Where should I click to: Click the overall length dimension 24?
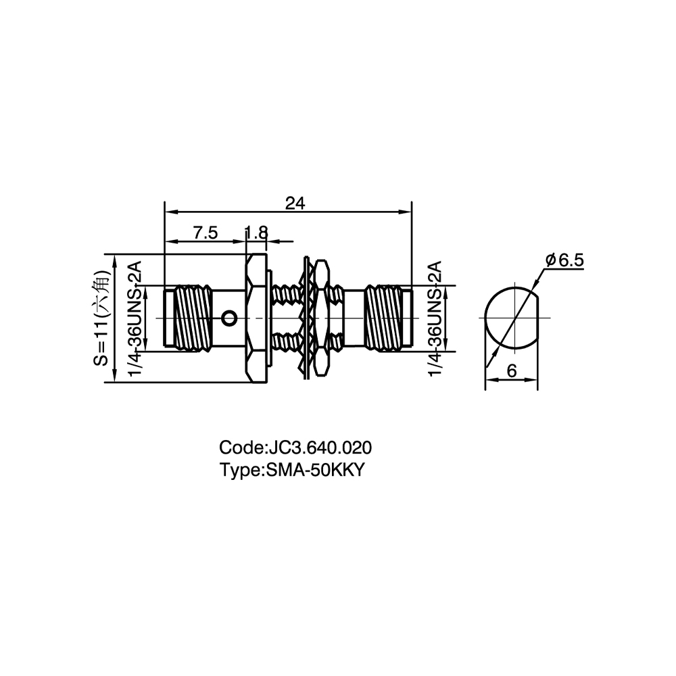pyautogui.click(x=295, y=203)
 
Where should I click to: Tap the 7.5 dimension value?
pyautogui.click(x=206, y=233)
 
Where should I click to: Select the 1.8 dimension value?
pyautogui.click(x=256, y=233)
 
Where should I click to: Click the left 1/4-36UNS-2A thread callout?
pyautogui.click(x=135, y=318)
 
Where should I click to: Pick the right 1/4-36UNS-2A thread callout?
pyautogui.click(x=436, y=318)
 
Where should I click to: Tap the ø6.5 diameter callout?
pyautogui.click(x=564, y=260)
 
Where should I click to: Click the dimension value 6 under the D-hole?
pyautogui.click(x=512, y=370)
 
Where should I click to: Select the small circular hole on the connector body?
pyautogui.click(x=229, y=318)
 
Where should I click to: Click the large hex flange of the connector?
pyautogui.click(x=256, y=318)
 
